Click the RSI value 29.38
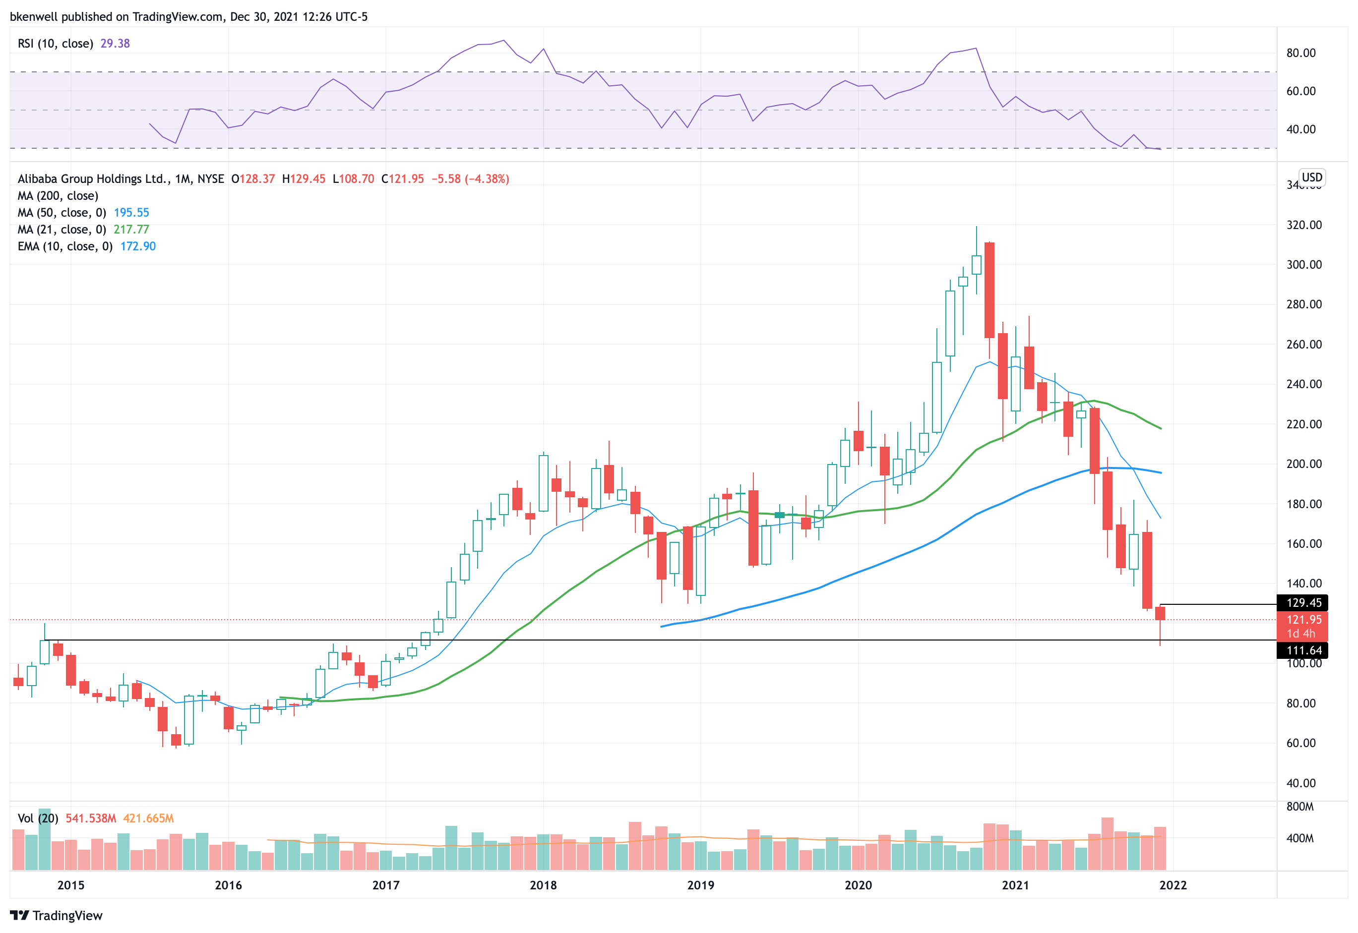click(x=115, y=43)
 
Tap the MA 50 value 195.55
click(x=131, y=213)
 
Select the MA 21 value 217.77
click(x=131, y=230)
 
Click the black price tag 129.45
click(x=1303, y=603)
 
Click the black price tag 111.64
click(x=1303, y=650)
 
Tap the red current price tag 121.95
click(x=1303, y=620)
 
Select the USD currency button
click(x=1311, y=177)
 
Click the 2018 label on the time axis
click(x=543, y=885)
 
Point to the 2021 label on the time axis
click(x=1015, y=885)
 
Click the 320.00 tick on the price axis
click(x=1303, y=225)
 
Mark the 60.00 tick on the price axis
click(x=1300, y=743)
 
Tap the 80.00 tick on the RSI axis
click(x=1300, y=53)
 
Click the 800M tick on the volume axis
click(x=1300, y=807)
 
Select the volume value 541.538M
click(x=91, y=818)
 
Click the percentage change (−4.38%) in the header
click(x=487, y=179)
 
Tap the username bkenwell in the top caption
click(x=33, y=16)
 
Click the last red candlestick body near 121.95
click(x=1160, y=613)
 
